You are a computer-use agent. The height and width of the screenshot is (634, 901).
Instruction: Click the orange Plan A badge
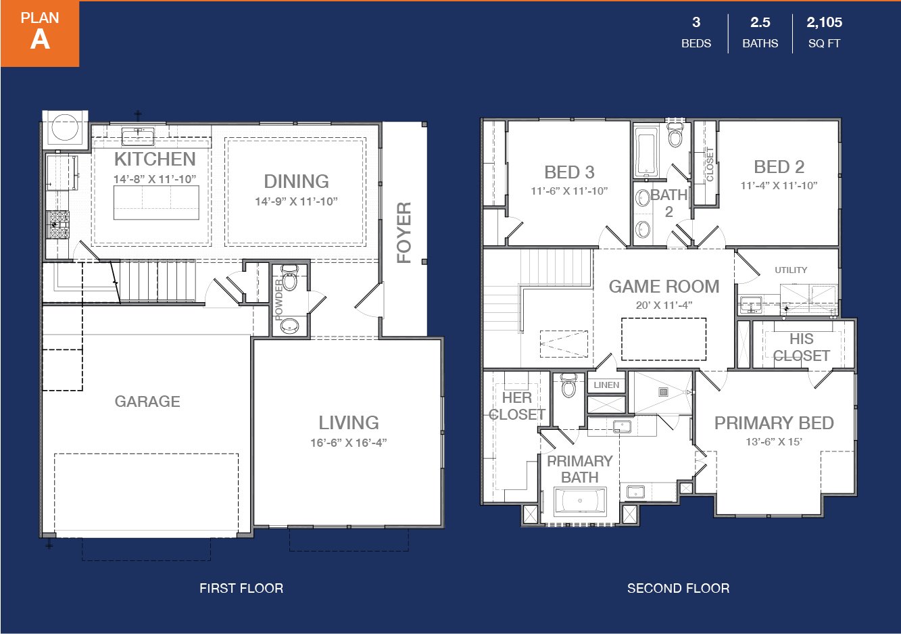pyautogui.click(x=40, y=33)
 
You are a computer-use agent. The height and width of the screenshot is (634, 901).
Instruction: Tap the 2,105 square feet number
pyautogui.click(x=824, y=22)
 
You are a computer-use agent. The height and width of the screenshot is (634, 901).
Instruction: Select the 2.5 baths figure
pyautogui.click(x=760, y=22)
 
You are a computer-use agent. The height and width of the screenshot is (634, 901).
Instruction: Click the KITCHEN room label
pyautogui.click(x=155, y=160)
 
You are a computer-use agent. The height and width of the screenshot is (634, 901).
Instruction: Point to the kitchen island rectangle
pyautogui.click(x=156, y=202)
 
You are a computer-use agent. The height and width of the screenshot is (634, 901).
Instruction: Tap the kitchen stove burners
pyautogui.click(x=58, y=225)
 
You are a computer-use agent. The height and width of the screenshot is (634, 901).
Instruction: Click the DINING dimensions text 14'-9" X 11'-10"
pyautogui.click(x=297, y=201)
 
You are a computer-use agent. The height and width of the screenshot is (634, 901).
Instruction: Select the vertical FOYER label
pyautogui.click(x=404, y=233)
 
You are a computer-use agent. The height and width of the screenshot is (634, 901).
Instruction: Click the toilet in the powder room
pyautogui.click(x=289, y=278)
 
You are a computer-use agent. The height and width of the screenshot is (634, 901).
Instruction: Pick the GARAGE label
pyautogui.click(x=147, y=401)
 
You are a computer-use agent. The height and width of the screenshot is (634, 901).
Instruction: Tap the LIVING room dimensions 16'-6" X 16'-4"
pyautogui.click(x=348, y=443)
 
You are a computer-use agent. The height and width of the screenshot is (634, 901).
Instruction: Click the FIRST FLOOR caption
pyautogui.click(x=241, y=588)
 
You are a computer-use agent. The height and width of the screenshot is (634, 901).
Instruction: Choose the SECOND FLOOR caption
pyautogui.click(x=678, y=588)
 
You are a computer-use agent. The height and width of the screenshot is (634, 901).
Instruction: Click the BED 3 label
pyautogui.click(x=569, y=172)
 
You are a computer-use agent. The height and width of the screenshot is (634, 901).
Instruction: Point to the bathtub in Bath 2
pyautogui.click(x=646, y=151)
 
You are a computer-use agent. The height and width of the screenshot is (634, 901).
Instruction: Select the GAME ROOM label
pyautogui.click(x=664, y=287)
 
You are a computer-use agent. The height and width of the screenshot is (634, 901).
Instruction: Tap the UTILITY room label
pyautogui.click(x=791, y=270)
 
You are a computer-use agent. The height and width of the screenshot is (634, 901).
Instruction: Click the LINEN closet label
pyautogui.click(x=606, y=385)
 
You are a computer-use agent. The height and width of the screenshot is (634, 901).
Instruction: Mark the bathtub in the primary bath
pyautogui.click(x=580, y=501)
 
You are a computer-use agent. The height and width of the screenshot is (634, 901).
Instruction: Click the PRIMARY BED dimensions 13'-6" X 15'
pyautogui.click(x=774, y=442)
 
